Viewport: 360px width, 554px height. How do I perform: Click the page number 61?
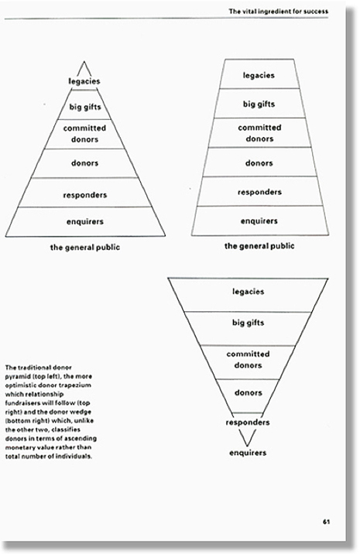pos(326,522)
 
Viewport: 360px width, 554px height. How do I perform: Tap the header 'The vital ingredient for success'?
pos(278,12)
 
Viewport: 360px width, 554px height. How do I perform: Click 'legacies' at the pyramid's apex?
pos(84,81)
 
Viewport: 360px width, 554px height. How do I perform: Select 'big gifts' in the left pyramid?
pos(85,107)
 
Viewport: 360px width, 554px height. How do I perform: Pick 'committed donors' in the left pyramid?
pos(84,134)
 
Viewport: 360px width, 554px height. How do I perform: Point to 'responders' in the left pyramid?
pos(85,195)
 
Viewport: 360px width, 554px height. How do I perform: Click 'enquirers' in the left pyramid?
pos(85,222)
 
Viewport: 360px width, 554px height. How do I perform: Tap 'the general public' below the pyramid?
pos(85,248)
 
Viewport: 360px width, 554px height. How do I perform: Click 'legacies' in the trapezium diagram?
pos(259,76)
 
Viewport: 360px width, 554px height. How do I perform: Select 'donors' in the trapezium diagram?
pos(259,163)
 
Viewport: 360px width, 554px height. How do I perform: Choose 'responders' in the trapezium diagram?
pos(259,192)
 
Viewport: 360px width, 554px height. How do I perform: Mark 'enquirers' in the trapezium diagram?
pos(259,221)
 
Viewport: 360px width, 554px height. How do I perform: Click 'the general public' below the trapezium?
pos(259,246)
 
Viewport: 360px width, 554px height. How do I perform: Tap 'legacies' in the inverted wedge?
pos(249,292)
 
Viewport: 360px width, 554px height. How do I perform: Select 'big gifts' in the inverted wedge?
pos(248,323)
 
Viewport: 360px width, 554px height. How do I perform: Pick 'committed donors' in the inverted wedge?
pos(248,360)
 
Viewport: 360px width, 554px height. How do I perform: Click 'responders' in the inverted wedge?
pos(248,422)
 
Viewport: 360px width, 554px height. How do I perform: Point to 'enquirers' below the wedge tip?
pos(248,453)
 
